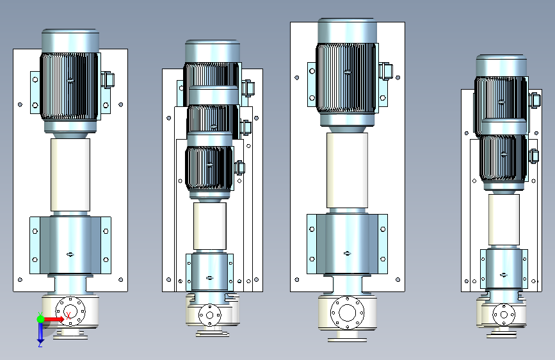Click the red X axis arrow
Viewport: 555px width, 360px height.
coord(53,319)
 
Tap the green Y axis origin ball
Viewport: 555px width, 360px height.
coord(40,319)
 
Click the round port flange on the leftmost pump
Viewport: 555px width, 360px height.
coord(70,312)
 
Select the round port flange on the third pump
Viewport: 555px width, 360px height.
coord(347,313)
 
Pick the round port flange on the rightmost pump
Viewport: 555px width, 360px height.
coord(504,315)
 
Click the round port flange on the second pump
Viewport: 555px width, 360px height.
coord(209,315)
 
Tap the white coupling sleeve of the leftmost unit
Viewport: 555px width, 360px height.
coord(70,175)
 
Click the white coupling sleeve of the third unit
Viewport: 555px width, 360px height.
coord(347,170)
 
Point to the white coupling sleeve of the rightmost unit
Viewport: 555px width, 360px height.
coord(504,220)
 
